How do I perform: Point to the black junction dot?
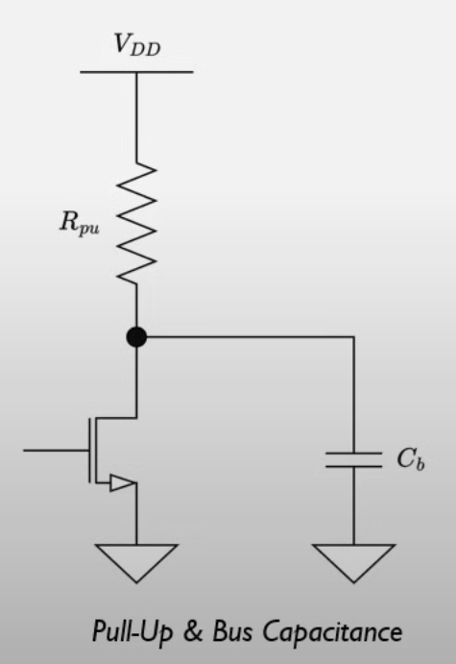pos(136,337)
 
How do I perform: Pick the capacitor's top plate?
pos(353,452)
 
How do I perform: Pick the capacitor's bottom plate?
pos(353,466)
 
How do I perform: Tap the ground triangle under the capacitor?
pos(353,560)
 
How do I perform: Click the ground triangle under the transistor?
pos(136,560)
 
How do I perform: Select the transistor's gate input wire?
pos(53,449)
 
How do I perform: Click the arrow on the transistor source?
pos(120,483)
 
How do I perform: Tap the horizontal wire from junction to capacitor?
pos(250,337)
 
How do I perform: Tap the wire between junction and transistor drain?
pos(136,380)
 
